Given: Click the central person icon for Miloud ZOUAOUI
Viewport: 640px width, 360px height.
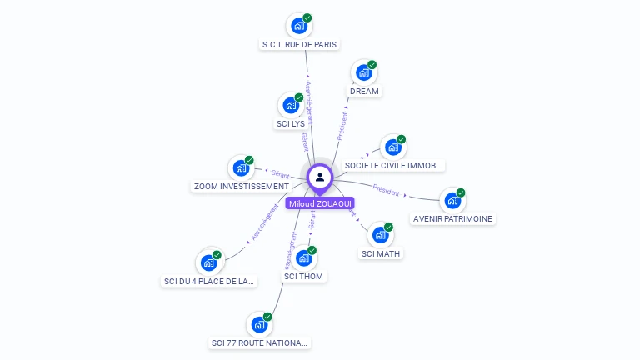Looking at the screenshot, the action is coord(320,177).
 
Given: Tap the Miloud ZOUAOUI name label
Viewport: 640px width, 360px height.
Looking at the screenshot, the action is coord(320,203).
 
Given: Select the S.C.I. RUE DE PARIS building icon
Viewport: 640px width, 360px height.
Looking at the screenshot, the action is coord(298,25).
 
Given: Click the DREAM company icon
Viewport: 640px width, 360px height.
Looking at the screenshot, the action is coord(363,72).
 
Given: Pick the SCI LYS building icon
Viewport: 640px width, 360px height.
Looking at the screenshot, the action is coord(291,105).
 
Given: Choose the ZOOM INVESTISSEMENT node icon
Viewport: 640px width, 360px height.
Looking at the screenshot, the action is coord(241,168).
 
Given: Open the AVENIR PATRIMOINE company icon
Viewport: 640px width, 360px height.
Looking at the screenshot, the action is coord(452,201).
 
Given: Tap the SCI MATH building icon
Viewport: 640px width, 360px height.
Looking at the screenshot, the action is coord(380,235).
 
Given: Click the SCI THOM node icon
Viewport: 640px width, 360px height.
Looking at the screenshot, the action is coord(303,258).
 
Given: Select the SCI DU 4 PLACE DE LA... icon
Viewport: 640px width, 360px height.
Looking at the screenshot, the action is coord(208,262).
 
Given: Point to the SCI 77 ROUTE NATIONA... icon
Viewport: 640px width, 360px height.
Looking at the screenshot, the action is coord(259,324).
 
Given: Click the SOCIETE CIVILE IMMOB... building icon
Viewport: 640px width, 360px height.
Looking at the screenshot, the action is coord(392,147).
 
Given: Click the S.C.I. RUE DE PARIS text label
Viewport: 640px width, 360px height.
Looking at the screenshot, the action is coord(300,44).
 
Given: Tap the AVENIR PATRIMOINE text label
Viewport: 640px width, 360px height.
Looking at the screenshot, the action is coord(452,219).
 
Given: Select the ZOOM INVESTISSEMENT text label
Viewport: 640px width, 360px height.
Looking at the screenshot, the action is coord(240,187).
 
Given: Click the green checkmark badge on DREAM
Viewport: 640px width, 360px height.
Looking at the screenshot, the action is coord(372,64).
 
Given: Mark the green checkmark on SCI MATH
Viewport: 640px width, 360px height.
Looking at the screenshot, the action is coord(388,227).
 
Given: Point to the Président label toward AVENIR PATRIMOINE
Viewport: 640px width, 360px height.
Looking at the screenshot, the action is coord(387,190).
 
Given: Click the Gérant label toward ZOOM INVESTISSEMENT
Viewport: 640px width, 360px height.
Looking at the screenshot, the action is coord(280,173).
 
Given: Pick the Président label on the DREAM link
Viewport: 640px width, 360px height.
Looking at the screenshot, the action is coord(342,125).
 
